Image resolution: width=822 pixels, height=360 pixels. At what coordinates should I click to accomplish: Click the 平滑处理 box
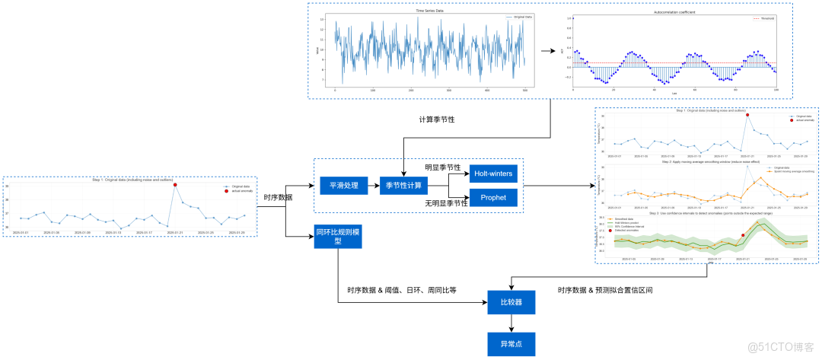(339, 185)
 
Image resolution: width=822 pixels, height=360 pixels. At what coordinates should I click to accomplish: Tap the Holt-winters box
(493, 174)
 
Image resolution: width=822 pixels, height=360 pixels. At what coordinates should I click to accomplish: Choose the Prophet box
(493, 198)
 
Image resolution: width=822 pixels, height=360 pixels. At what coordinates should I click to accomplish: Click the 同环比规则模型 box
(338, 236)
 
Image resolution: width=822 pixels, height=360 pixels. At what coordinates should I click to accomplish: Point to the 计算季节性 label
(437, 120)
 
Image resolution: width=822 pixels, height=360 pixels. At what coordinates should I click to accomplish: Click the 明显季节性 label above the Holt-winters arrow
(442, 167)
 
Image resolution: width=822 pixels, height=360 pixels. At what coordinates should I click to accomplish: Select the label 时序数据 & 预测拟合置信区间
(605, 290)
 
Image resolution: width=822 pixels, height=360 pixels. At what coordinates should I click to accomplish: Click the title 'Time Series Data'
(430, 11)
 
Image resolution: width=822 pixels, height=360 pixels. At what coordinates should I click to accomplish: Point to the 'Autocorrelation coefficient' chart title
(674, 11)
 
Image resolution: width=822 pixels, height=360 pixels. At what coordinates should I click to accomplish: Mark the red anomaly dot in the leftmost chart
(176, 185)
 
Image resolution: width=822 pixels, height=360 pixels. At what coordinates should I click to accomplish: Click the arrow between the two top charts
(547, 52)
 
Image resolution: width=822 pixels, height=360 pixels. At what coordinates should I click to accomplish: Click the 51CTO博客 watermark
(780, 347)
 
